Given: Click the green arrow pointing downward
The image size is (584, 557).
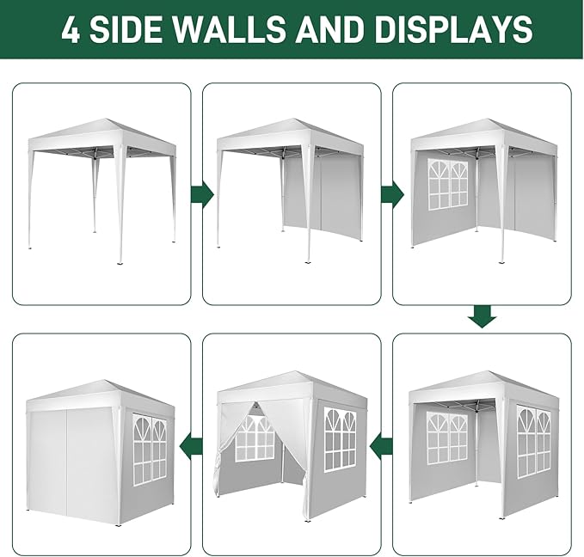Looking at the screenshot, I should (483, 318).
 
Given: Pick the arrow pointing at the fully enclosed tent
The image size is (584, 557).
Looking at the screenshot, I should (190, 444).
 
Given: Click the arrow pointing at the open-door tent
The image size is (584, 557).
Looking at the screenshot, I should (380, 444).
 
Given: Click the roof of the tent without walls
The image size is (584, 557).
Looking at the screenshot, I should (101, 132).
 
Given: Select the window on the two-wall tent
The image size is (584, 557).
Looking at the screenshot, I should (447, 183).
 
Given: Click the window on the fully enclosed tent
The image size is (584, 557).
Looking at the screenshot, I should (150, 448).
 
